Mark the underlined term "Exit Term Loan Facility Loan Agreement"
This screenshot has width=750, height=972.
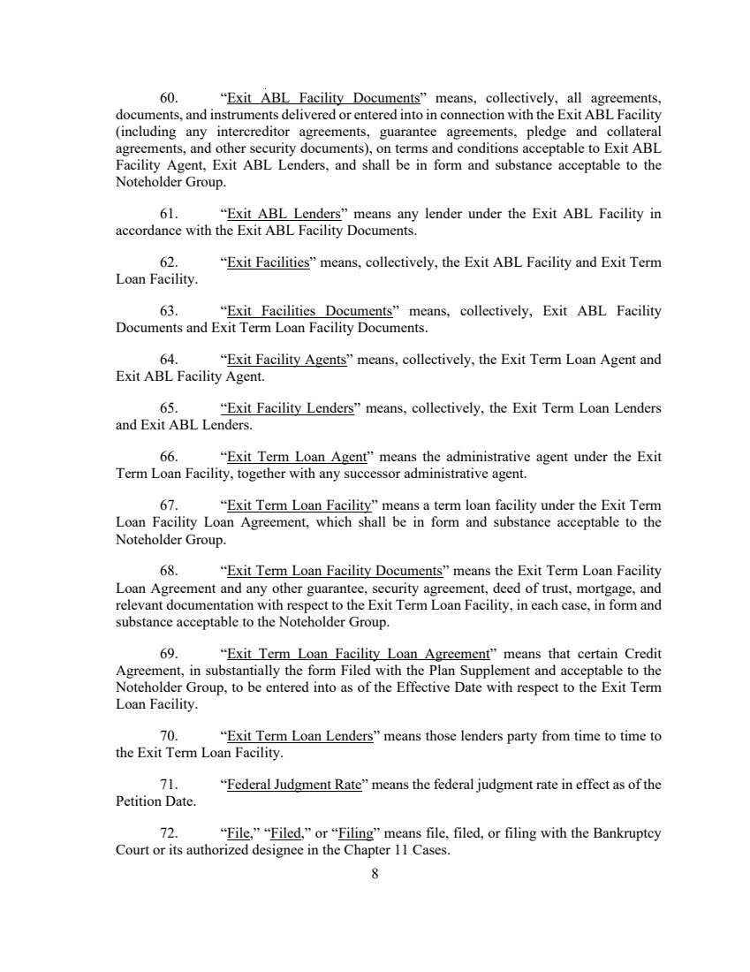(358, 654)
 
